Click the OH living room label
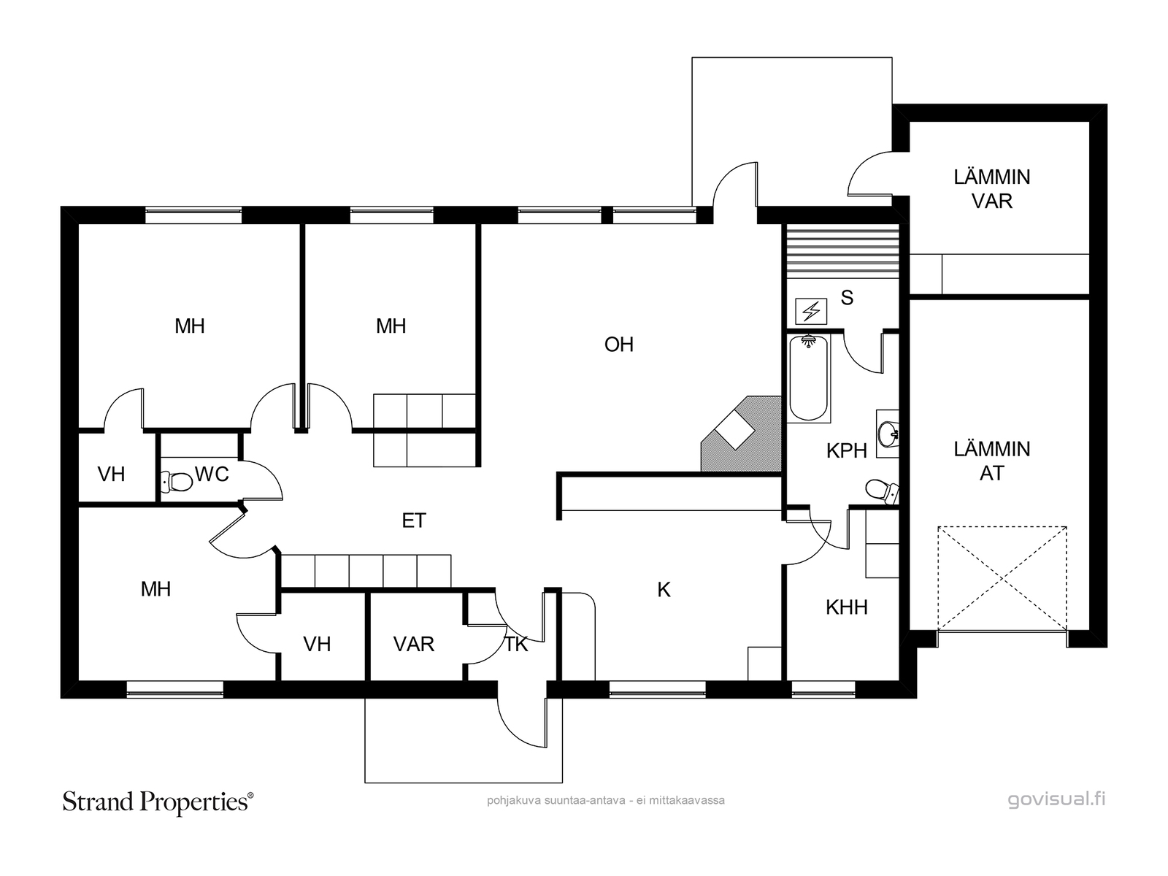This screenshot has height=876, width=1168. click(619, 345)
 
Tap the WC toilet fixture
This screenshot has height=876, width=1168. click(177, 482)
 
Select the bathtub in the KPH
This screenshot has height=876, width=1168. click(808, 377)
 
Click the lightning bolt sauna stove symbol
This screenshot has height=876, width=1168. click(811, 312)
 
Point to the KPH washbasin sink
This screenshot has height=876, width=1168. click(888, 433)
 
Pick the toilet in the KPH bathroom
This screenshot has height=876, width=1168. click(883, 491)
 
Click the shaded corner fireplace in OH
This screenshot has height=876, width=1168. click(741, 434)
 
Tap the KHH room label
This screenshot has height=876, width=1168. click(847, 607)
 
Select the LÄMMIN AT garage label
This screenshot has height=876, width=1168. click(992, 461)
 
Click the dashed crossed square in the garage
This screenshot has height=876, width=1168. click(1002, 578)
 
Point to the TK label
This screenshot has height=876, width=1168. click(515, 645)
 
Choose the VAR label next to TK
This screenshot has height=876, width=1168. click(413, 645)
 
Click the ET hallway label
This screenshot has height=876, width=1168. click(414, 520)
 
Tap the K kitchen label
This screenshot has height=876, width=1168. click(664, 590)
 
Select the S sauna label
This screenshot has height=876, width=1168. click(847, 298)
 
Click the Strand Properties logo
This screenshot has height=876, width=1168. click(158, 802)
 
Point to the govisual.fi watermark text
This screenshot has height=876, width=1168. click(1056, 800)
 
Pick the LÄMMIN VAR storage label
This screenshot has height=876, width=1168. click(992, 189)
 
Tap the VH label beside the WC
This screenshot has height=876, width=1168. click(111, 474)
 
